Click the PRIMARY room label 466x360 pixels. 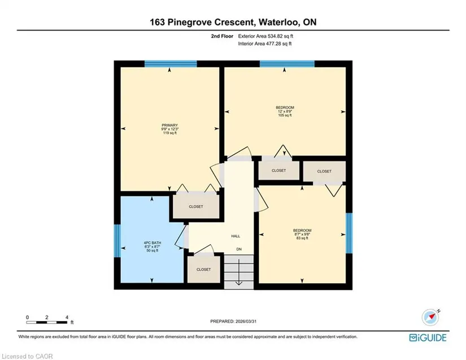169,125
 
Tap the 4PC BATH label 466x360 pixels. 152,242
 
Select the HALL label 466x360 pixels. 236,236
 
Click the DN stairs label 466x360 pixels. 239,249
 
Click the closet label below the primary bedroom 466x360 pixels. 196,206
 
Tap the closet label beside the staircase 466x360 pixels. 203,270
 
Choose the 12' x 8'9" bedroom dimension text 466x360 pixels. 285,111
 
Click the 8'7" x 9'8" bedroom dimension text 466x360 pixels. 302,234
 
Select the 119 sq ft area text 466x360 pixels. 169,133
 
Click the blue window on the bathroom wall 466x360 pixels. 117,241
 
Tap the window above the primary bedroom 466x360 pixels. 171,64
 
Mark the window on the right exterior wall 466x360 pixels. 349,233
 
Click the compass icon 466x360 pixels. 430,317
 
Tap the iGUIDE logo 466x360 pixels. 428,338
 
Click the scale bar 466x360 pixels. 47,322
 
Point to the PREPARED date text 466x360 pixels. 233,322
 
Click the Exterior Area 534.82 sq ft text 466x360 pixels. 265,36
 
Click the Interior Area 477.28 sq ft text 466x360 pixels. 265,44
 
